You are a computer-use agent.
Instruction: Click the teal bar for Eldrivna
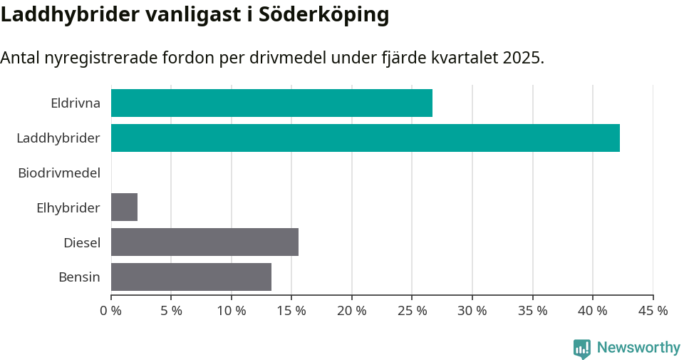pos(271,103)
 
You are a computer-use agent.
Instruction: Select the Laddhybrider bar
pos(365,138)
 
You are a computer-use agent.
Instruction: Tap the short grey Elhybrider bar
pos(124,207)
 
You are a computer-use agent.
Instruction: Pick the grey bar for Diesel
pos(204,242)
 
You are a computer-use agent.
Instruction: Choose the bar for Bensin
pos(191,277)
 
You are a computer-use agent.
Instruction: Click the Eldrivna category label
pos(76,103)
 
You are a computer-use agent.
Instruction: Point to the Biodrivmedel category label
pos(59,173)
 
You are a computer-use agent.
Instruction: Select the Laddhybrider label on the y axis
pos(58,138)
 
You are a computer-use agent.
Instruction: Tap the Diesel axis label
pos(82,242)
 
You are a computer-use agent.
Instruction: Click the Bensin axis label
pos(79,277)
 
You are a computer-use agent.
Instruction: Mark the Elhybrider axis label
pos(68,207)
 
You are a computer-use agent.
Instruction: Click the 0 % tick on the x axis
pos(111,311)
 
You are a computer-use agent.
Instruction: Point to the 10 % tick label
pos(232,311)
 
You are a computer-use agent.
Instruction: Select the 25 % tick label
pos(412,311)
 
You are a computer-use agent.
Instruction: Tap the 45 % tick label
pos(653,311)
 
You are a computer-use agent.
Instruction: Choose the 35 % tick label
pos(532,311)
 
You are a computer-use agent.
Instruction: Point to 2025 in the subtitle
pos(522,58)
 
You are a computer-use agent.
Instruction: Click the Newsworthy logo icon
pos(581,348)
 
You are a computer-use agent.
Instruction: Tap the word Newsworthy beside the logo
pos(638,348)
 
